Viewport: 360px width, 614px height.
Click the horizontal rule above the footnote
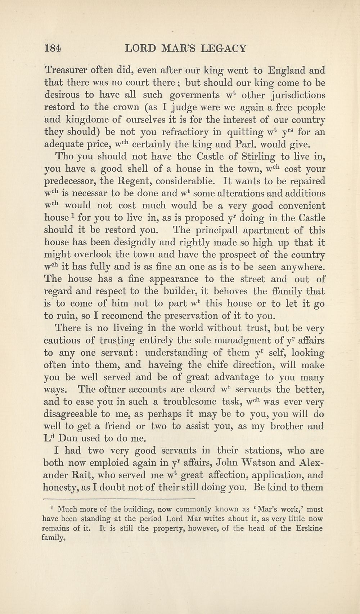click(119, 499)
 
